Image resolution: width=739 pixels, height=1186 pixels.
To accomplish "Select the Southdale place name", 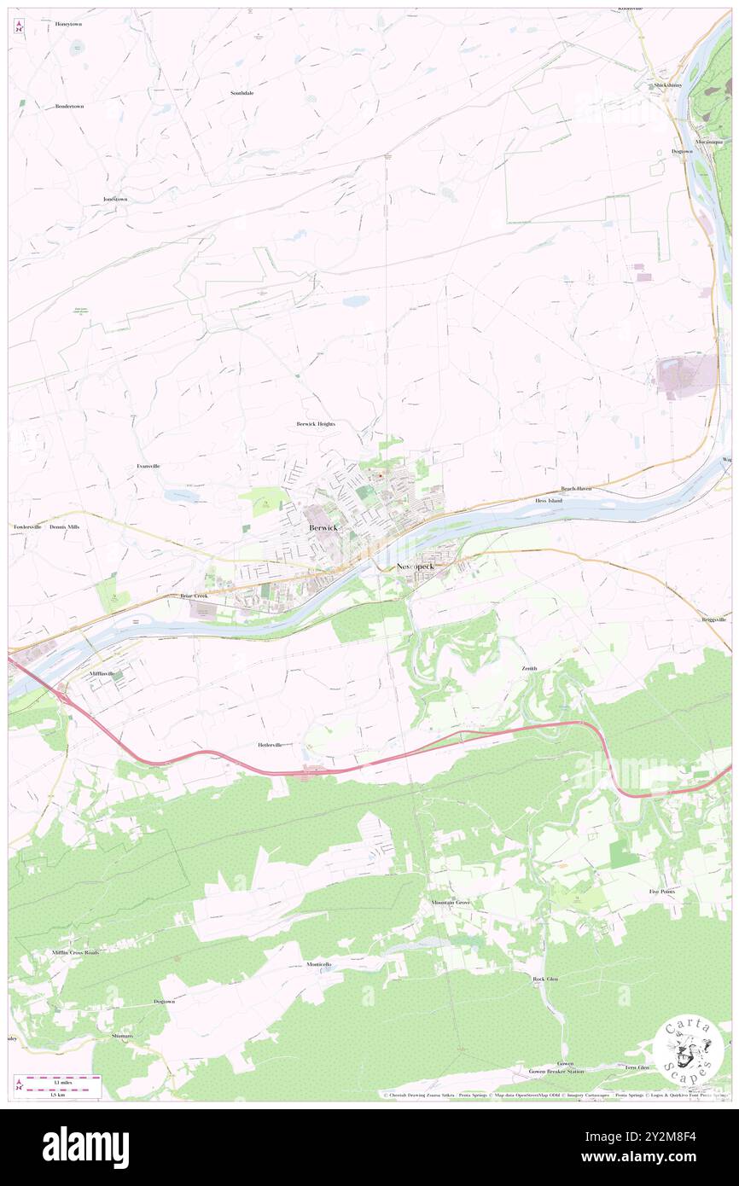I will pyautogui.click(x=241, y=92).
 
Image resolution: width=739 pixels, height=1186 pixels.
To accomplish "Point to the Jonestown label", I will pyautogui.click(x=115, y=199).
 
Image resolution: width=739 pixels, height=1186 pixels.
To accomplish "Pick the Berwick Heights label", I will pyautogui.click(x=316, y=424).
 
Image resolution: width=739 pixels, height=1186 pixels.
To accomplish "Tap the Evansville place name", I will pyautogui.click(x=148, y=466).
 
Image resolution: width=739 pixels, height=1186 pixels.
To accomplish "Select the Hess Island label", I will pyautogui.click(x=549, y=501).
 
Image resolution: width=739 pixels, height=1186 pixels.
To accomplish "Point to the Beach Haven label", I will pyautogui.click(x=576, y=489).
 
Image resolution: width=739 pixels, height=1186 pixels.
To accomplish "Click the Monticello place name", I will pyautogui.click(x=324, y=964).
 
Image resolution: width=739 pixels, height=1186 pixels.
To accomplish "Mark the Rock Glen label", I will pyautogui.click(x=545, y=979).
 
